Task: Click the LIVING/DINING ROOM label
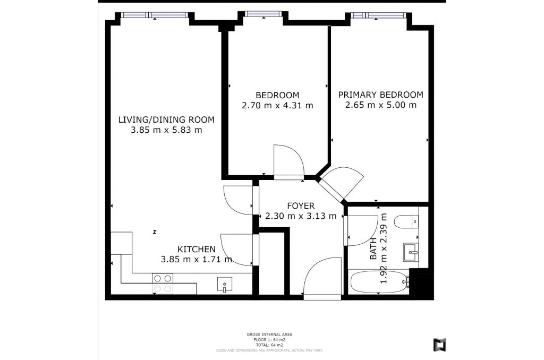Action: pos(166,119)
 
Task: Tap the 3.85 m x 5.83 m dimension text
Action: pos(166,130)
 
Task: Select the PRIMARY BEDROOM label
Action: pos(381,95)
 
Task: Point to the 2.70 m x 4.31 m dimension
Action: pos(277,105)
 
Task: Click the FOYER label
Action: pos(301,205)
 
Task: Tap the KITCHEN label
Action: pos(196,249)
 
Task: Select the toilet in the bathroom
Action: pos(407,221)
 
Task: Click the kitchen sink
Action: pos(225,285)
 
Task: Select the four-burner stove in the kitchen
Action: pos(163,283)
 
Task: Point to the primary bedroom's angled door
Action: pos(341,183)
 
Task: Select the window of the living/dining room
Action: pos(155,15)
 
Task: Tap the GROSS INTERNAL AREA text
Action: pos(269,335)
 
